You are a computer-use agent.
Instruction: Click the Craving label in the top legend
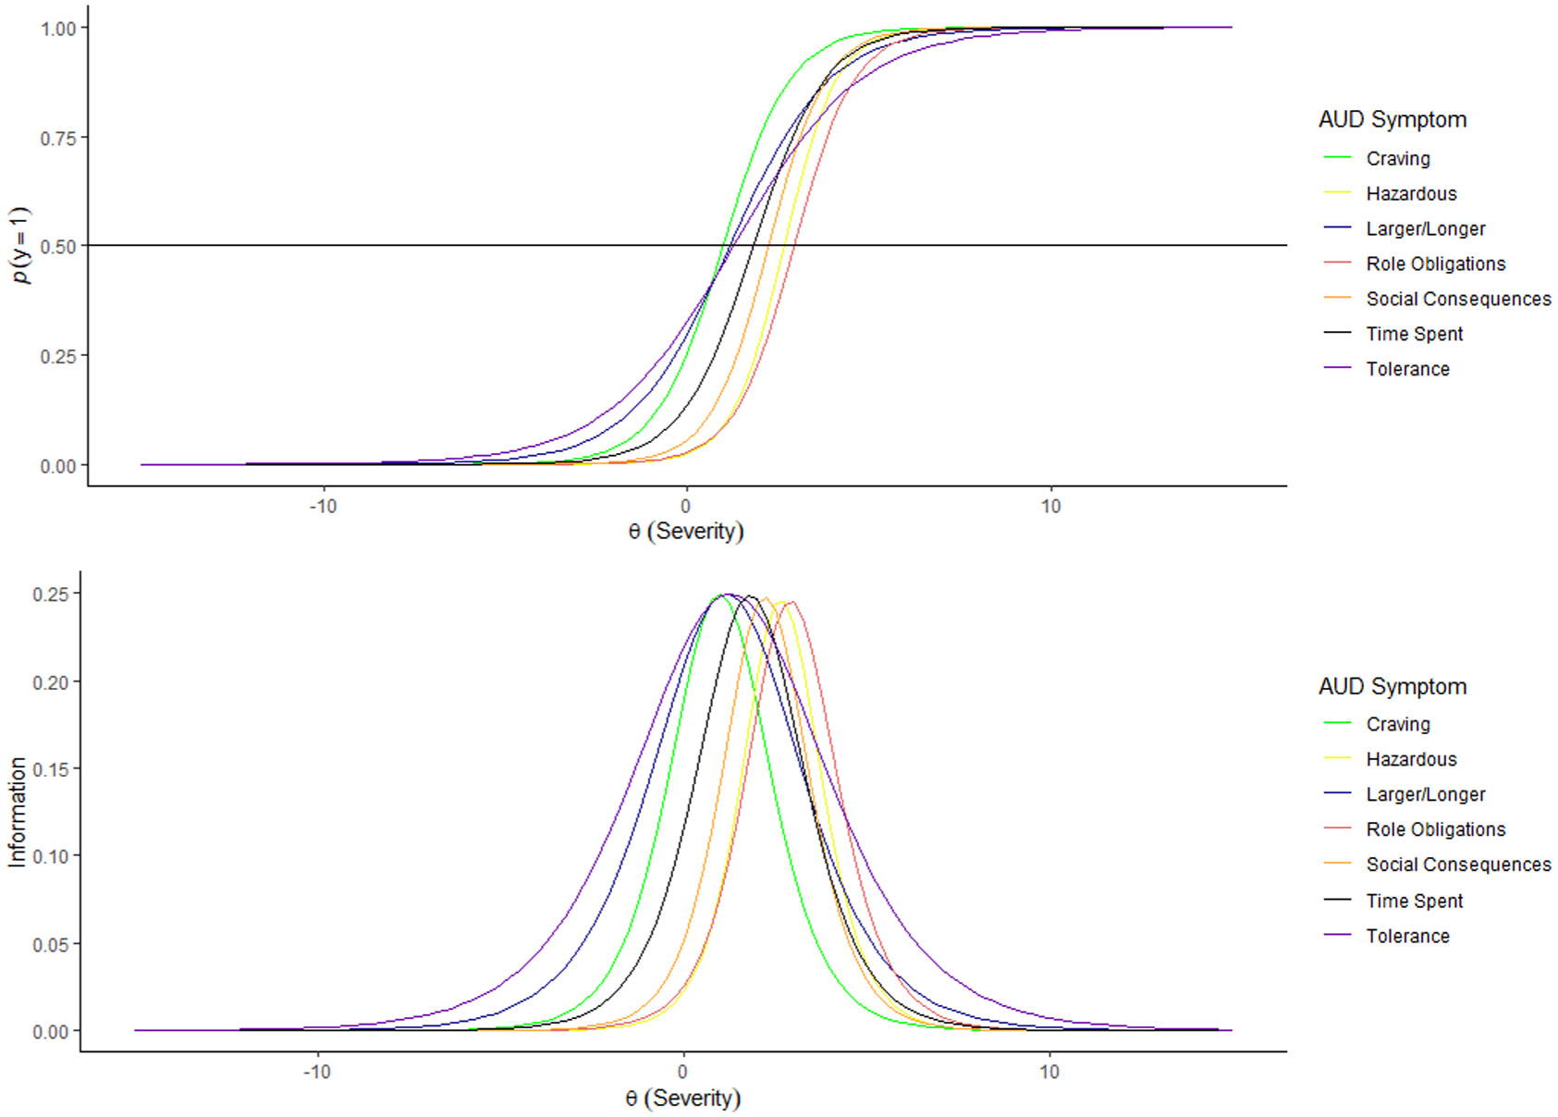pyautogui.click(x=1397, y=159)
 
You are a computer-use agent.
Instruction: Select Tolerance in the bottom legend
pyautogui.click(x=1407, y=936)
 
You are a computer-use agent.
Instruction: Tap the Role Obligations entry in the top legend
pyautogui.click(x=1435, y=264)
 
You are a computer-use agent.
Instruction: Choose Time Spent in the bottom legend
pyautogui.click(x=1414, y=901)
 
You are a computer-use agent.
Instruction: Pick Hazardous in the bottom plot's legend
pyautogui.click(x=1411, y=759)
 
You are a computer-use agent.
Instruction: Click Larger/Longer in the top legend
pyautogui.click(x=1425, y=229)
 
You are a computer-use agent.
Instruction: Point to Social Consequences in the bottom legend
pyautogui.click(x=1458, y=865)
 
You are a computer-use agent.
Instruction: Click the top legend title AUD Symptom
pyautogui.click(x=1392, y=119)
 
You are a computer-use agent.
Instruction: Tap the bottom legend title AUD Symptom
pyautogui.click(x=1392, y=686)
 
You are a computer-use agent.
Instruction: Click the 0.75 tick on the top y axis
pyautogui.click(x=58, y=138)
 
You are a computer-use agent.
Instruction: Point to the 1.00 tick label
pyautogui.click(x=58, y=29)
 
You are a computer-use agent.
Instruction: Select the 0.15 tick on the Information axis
pyautogui.click(x=51, y=769)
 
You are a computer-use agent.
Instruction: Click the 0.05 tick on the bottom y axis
pyautogui.click(x=51, y=944)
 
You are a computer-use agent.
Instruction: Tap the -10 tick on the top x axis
pyautogui.click(x=323, y=507)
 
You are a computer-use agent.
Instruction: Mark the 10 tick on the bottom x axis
pyautogui.click(x=1049, y=1072)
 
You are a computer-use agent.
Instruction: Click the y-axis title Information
pyautogui.click(x=17, y=812)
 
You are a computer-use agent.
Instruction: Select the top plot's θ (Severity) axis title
pyautogui.click(x=685, y=532)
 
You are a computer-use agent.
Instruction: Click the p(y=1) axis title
pyautogui.click(x=20, y=245)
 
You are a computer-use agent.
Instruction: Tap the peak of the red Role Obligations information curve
pyautogui.click(x=791, y=602)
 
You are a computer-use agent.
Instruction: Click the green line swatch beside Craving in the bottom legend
pyautogui.click(x=1337, y=724)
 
